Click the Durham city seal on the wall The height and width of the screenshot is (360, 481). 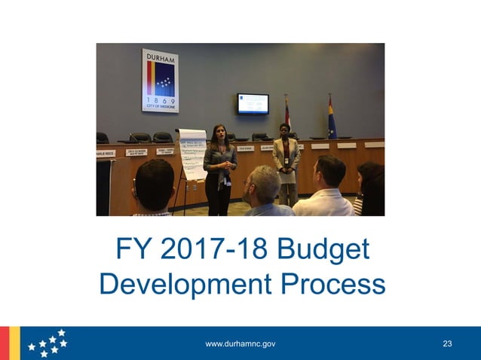[x=160, y=81]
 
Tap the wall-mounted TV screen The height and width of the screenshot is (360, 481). [x=253, y=103]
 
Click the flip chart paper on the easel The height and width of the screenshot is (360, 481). [x=191, y=154]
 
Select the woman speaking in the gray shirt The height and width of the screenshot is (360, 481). [x=219, y=167]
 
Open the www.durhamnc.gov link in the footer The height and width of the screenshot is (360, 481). [x=240, y=344]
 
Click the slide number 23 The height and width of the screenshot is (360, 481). [x=448, y=344]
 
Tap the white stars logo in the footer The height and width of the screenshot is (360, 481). [x=47, y=343]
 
